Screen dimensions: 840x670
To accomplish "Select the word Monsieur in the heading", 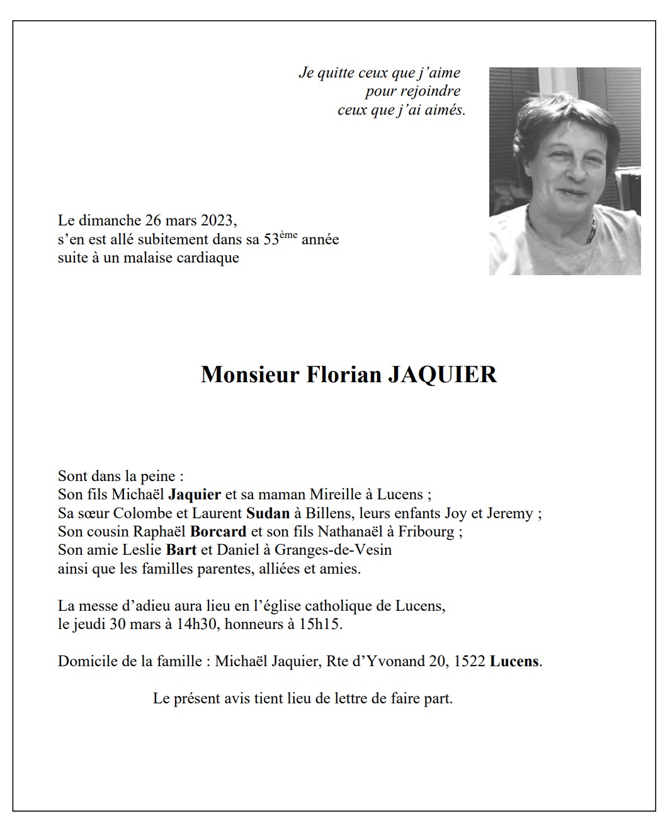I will pos(250,374).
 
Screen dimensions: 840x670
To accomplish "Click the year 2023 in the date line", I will pos(218,220).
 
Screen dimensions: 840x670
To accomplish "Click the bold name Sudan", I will pos(268,513).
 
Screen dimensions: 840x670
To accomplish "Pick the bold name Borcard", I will pos(218,531).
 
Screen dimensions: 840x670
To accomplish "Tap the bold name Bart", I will pos(181,550).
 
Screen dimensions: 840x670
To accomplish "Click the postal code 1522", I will pos(469,662).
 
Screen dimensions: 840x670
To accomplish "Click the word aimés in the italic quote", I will pos(445,110).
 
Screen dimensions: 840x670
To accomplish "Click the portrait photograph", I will pos(565,171).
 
